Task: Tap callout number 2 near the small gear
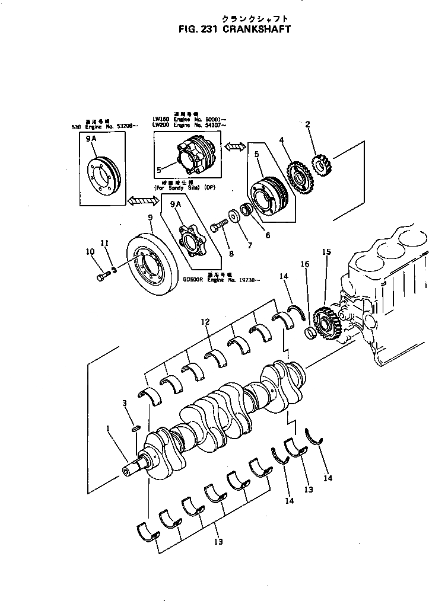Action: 308,124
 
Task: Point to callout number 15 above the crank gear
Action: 326,252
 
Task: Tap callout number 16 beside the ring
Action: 306,264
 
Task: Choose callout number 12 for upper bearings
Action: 205,322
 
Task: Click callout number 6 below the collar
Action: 268,235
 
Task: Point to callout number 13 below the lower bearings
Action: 218,541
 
